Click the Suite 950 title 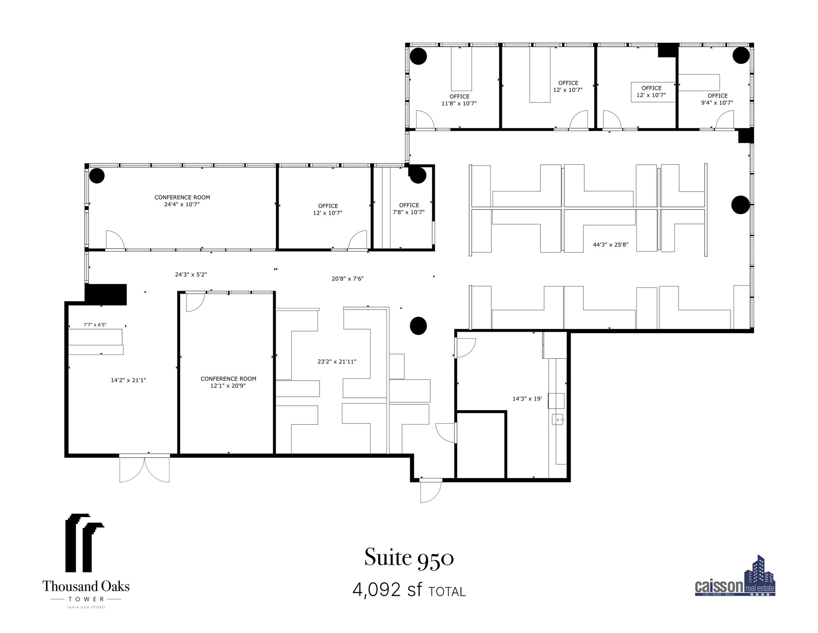(409, 558)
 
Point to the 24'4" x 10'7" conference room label (182, 201)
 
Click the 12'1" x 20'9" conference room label (228, 382)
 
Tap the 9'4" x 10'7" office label (717, 99)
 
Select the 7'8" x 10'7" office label (409, 209)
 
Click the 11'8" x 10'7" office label (459, 100)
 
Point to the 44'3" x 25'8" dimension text (610, 245)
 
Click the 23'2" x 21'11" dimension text (337, 361)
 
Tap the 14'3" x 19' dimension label (527, 399)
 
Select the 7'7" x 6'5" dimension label (95, 325)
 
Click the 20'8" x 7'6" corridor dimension (347, 279)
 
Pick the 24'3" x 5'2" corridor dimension (191, 275)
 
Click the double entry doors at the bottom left (145, 469)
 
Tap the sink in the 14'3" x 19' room (558, 419)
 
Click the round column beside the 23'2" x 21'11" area (418, 325)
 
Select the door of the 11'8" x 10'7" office (425, 120)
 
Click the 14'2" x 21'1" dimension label (128, 380)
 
